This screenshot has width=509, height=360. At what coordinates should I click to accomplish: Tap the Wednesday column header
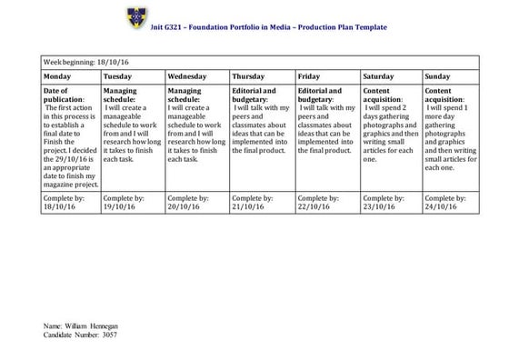coord(187,77)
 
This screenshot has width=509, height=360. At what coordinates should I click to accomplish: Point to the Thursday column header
coord(249,77)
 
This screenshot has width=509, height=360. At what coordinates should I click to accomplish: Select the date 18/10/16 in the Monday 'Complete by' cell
coord(61,207)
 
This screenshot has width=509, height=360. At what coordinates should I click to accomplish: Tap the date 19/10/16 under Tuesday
coord(123,207)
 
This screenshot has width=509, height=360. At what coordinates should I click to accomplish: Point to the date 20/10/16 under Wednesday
coord(187,207)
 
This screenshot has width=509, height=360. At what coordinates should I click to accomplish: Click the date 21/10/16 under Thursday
coord(251,207)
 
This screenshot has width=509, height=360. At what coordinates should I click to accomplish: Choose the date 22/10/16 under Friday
coord(316,207)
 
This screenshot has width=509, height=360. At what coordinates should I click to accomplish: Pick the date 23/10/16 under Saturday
coord(381,207)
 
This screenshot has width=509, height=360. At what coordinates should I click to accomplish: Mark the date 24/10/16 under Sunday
coord(444,207)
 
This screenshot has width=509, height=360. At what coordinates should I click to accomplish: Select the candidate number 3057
coord(107,335)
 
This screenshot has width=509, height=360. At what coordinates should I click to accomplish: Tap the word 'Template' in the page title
coord(366,27)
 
